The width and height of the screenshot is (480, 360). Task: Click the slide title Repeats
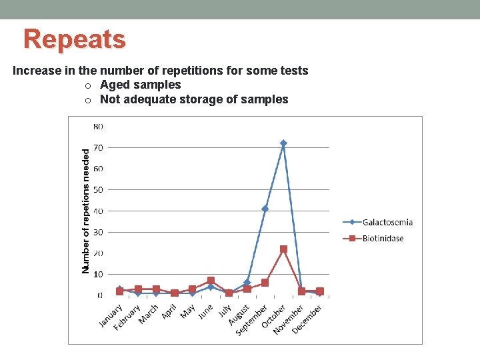(x=74, y=39)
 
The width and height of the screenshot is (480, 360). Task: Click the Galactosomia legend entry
(x=387, y=222)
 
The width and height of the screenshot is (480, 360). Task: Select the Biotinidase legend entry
(x=383, y=238)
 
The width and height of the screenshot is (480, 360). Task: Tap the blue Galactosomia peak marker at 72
(x=283, y=143)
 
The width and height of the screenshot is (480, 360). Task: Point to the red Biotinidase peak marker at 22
(x=283, y=249)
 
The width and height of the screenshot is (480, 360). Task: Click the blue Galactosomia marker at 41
(x=265, y=209)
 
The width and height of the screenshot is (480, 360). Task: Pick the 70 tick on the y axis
(x=98, y=147)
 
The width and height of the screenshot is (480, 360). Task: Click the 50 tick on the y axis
(x=98, y=190)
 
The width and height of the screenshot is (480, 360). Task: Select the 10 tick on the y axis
(x=98, y=274)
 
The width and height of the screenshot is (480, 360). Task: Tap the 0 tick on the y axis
(x=100, y=295)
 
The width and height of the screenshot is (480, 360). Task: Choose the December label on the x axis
(x=307, y=319)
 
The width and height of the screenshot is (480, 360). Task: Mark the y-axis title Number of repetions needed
(x=85, y=210)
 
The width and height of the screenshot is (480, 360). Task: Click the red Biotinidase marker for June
(x=211, y=281)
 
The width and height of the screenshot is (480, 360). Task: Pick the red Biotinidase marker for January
(x=120, y=291)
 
